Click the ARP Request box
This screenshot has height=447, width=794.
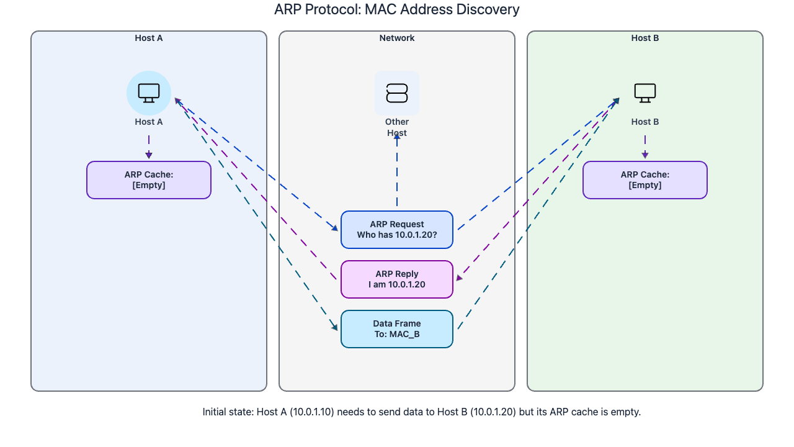397,230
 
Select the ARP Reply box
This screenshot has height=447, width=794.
397,279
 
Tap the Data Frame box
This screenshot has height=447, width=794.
397,329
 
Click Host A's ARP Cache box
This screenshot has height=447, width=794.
149,180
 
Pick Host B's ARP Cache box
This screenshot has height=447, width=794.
645,180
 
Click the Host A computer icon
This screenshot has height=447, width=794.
149,93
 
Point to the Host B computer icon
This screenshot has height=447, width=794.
645,93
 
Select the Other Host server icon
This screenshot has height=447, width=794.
397,93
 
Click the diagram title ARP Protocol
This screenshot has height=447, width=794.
397,10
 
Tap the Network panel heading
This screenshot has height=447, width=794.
397,38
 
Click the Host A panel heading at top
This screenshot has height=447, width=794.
149,38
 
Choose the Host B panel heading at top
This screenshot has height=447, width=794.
645,38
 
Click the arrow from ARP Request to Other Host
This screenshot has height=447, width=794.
397,174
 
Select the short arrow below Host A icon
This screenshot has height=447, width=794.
149,147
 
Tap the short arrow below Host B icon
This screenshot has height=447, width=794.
645,147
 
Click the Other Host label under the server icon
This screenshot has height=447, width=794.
397,127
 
